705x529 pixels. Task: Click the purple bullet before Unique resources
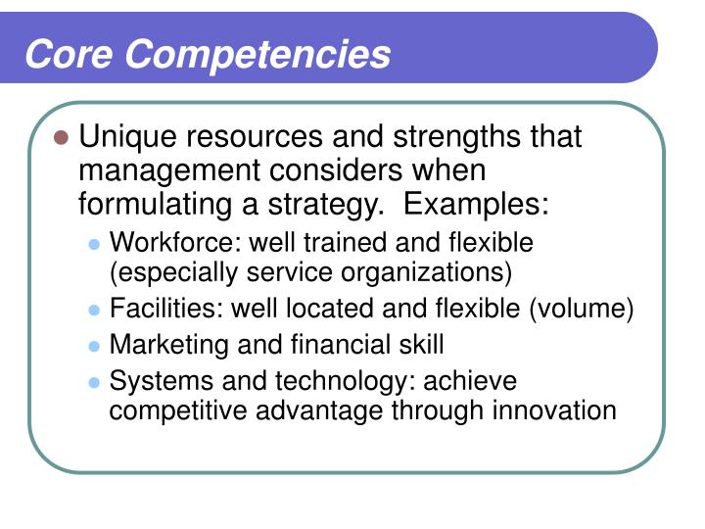pos(61,138)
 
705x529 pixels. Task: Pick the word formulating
pos(149,205)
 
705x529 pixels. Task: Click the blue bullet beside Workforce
pos(94,242)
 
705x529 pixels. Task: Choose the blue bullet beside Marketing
pos(94,346)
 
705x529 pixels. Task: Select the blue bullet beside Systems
pos(94,381)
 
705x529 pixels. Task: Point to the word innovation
pos(556,409)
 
